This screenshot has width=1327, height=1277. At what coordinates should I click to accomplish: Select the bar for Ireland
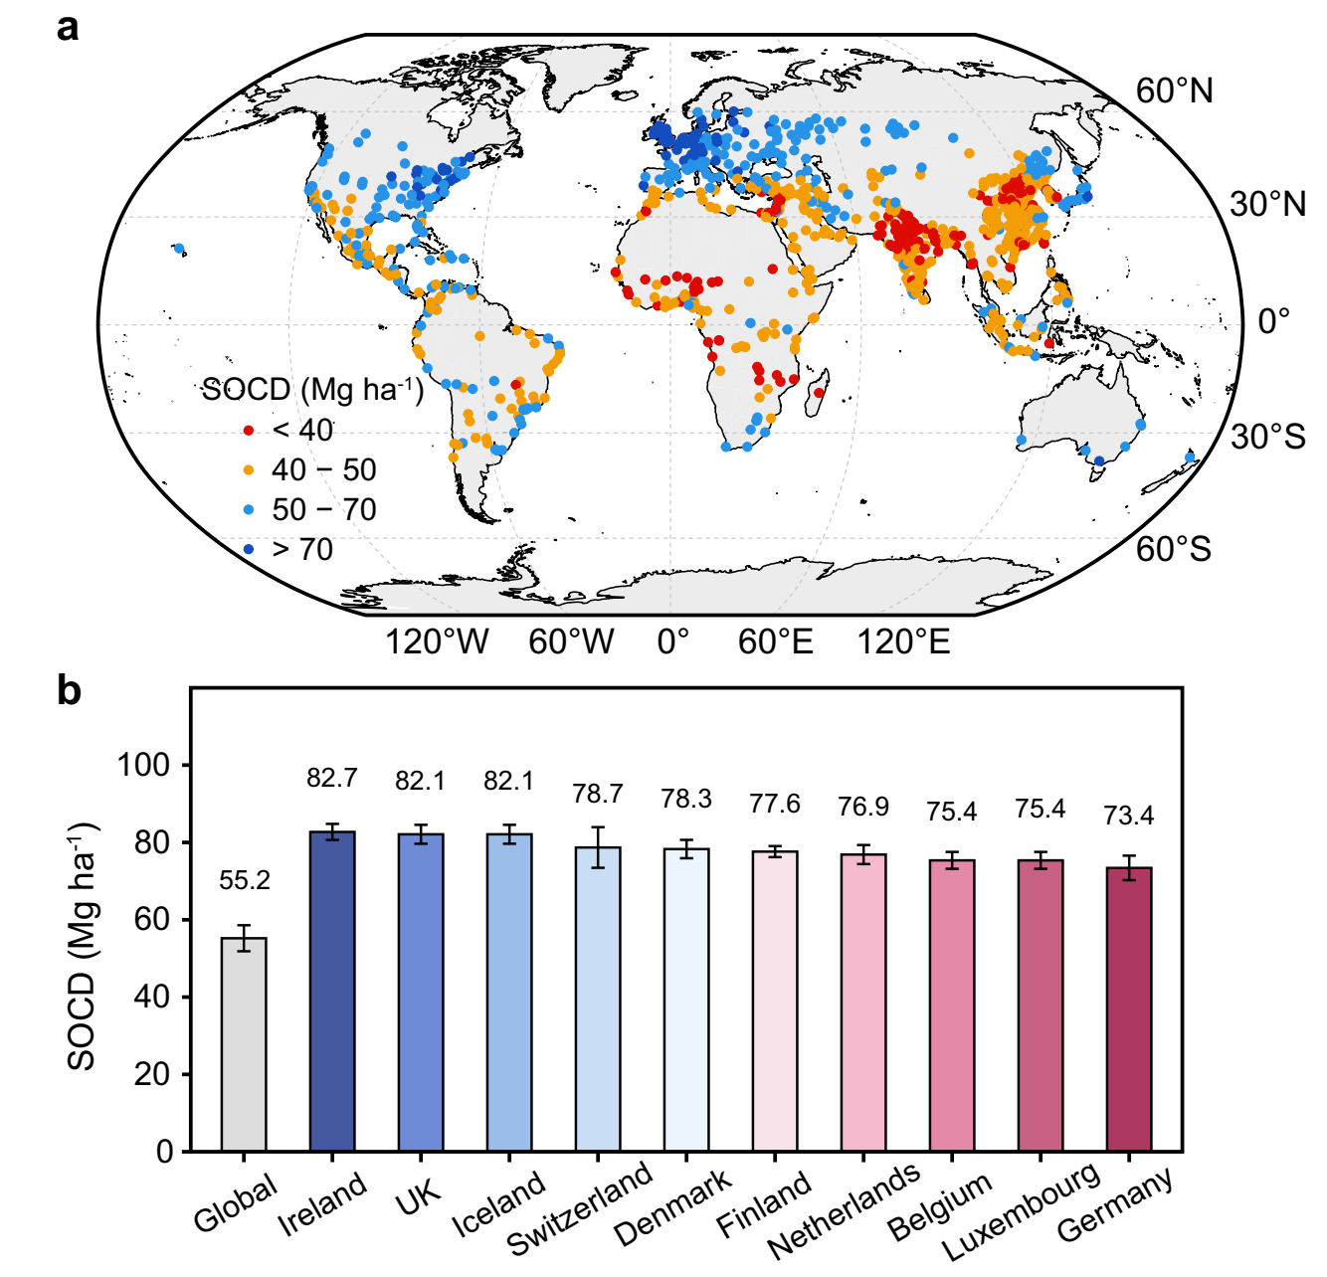[332, 992]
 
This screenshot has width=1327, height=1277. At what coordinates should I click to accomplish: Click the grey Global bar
[244, 1044]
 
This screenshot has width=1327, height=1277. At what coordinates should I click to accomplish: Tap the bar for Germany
[1129, 1009]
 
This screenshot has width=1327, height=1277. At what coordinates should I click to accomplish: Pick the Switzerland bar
[598, 1000]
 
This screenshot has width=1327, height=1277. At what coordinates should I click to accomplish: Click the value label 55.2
[245, 880]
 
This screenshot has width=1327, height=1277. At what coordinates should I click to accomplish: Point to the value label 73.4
[1129, 817]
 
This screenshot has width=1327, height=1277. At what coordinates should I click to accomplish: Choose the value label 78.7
[598, 794]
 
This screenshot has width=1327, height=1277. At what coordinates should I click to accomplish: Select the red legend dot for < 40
[249, 431]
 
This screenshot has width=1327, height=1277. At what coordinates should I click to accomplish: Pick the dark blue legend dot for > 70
[249, 549]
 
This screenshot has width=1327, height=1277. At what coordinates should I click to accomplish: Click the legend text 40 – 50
[324, 469]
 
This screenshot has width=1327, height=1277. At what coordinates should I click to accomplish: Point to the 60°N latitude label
[1174, 91]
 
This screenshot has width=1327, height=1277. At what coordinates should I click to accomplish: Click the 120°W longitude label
[437, 641]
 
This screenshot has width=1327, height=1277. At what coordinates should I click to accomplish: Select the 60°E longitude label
[775, 641]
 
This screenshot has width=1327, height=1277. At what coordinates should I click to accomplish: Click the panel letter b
[69, 690]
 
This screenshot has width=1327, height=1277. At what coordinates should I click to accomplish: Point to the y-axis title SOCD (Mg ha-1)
[83, 945]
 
